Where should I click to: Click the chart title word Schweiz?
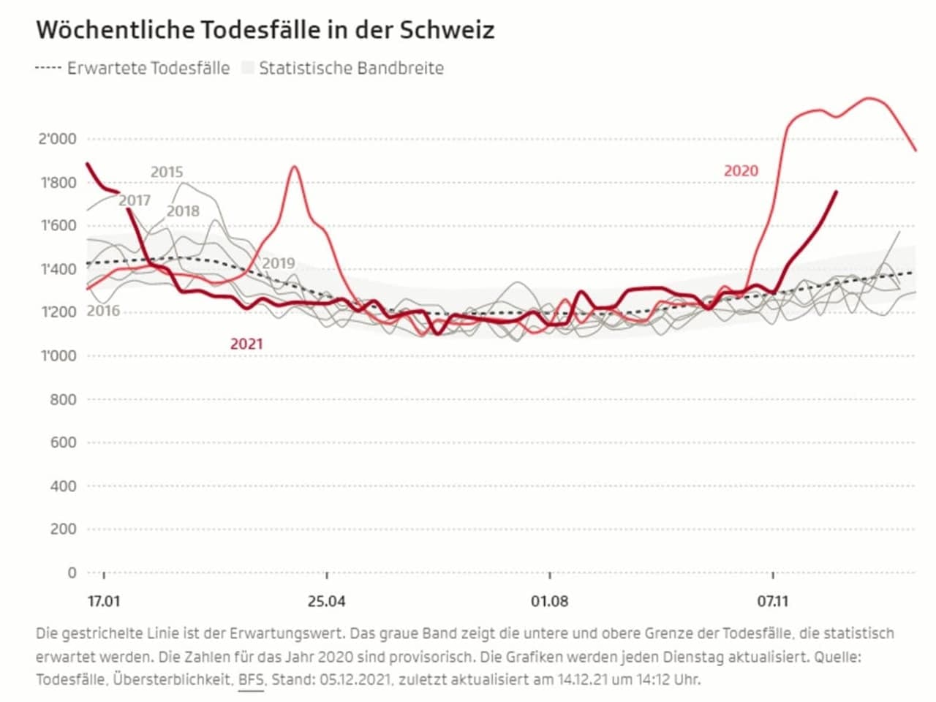click(447, 30)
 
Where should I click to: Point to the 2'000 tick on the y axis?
click(57, 139)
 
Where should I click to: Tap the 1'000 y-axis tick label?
click(57, 356)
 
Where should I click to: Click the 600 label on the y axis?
click(63, 442)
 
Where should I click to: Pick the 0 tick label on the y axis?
click(72, 573)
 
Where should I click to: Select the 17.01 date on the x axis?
click(104, 602)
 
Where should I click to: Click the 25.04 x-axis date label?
click(327, 602)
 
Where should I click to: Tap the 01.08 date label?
click(550, 602)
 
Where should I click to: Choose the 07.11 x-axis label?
click(773, 602)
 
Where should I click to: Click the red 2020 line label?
click(741, 171)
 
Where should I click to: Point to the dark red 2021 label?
click(246, 344)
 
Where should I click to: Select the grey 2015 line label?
click(167, 172)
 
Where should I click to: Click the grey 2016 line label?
click(103, 311)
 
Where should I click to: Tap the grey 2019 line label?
click(279, 263)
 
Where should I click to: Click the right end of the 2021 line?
click(836, 192)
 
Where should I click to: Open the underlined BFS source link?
click(251, 679)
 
